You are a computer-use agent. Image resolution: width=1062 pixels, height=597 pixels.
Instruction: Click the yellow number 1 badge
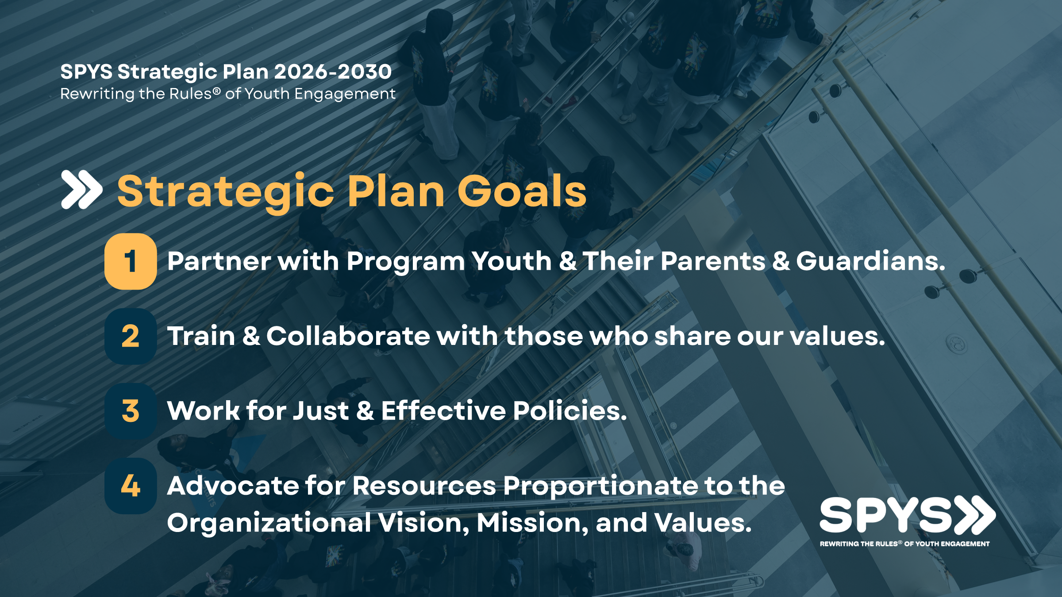tap(131, 261)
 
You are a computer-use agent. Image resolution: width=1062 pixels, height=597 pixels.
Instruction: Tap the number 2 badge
tap(131, 336)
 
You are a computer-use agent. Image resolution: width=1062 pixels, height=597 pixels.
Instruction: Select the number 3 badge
tap(131, 411)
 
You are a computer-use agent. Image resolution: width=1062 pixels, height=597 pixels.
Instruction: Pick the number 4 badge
tap(131, 486)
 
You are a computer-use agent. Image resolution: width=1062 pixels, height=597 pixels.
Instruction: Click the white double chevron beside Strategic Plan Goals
tap(81, 189)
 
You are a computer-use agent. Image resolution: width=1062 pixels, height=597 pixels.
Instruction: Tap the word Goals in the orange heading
tap(522, 191)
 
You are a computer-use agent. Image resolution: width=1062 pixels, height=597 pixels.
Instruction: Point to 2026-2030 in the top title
tap(333, 72)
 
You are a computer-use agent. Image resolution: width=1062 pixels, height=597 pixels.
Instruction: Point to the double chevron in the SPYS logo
tap(974, 515)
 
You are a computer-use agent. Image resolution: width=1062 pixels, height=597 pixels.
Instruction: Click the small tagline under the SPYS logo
tap(904, 544)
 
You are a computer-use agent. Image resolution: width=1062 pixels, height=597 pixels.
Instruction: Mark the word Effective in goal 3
tap(443, 410)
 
